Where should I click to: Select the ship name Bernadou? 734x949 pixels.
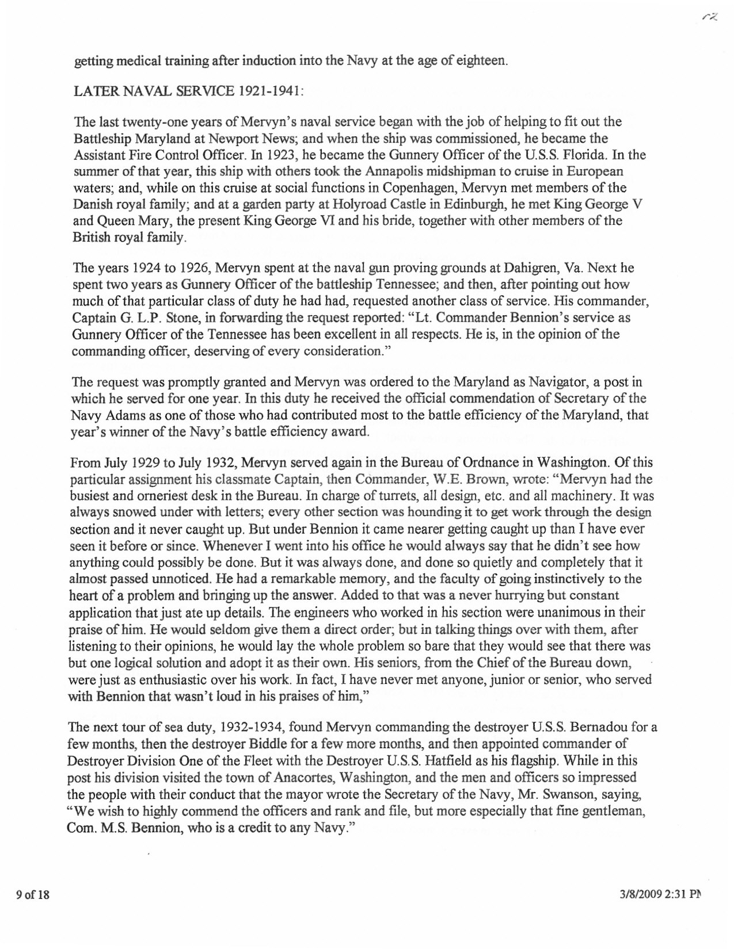pyautogui.click(x=598, y=727)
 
